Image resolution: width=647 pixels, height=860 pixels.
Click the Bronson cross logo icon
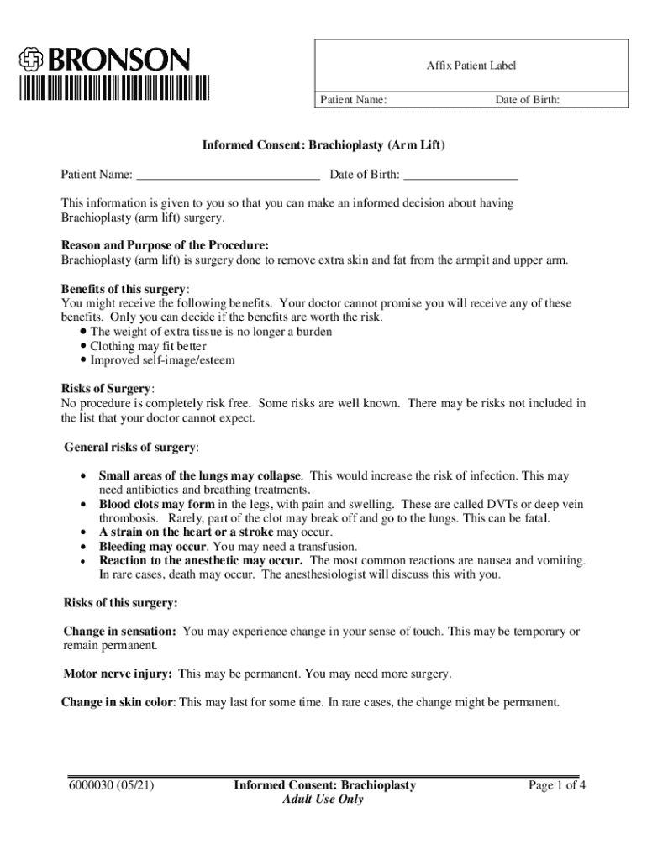pos(33,60)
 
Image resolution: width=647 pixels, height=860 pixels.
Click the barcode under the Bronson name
pos(115,87)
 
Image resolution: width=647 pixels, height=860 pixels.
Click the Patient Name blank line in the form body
pos(227,176)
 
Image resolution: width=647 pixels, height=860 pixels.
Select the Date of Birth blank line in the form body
pos(460,176)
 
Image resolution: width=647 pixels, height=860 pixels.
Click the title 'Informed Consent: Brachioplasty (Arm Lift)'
pos(323,145)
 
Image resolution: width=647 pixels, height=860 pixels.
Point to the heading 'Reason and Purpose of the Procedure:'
pos(165,245)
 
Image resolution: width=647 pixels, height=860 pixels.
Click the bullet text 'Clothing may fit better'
pos(148,346)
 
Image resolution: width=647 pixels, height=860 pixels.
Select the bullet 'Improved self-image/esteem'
pos(162,360)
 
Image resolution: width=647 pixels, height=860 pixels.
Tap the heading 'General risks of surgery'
pos(131,446)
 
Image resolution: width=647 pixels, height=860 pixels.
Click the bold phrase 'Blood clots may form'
pos(157,504)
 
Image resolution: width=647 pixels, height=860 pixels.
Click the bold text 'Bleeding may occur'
pos(152,547)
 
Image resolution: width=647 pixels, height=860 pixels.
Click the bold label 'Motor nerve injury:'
pos(118,674)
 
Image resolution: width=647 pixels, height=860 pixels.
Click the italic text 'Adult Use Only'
pos(323,800)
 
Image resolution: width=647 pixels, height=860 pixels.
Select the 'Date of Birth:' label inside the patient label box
pos(527,101)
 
